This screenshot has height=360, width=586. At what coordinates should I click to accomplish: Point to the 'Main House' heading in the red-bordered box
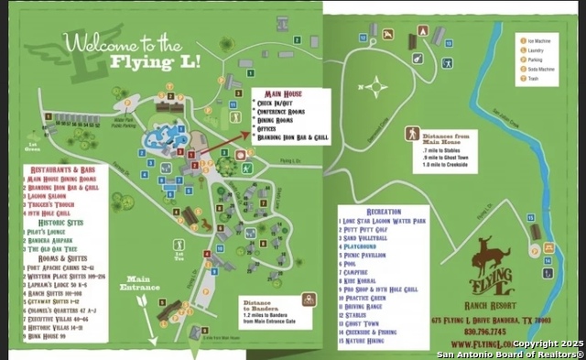pyautogui.click(x=284, y=93)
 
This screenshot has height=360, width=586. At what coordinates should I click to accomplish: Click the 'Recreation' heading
pyautogui.click(x=383, y=211)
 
